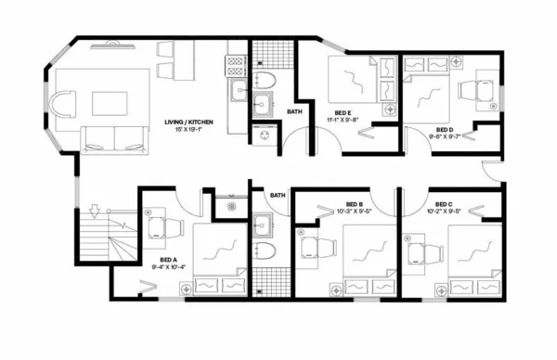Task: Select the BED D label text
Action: point(444,129)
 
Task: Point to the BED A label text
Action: point(168,259)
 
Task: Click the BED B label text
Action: point(354,203)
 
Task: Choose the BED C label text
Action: point(443,203)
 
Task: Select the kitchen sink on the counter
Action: point(237,90)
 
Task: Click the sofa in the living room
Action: point(113,138)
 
